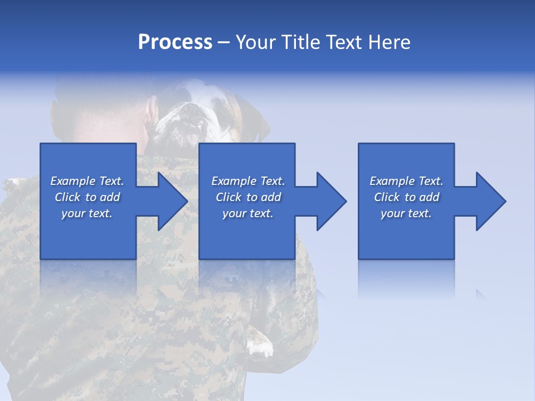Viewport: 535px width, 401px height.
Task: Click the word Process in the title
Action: pyautogui.click(x=175, y=42)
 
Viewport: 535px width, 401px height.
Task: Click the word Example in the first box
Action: pyautogui.click(x=72, y=181)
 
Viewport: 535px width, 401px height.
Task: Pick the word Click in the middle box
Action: pyautogui.click(x=228, y=197)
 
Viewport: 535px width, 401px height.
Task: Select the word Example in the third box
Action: pyautogui.click(x=392, y=181)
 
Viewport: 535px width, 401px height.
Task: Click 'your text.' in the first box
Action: pyautogui.click(x=87, y=213)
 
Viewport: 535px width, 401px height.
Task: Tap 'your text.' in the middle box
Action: pyautogui.click(x=247, y=213)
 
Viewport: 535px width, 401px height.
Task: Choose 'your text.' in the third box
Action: pyautogui.click(x=406, y=213)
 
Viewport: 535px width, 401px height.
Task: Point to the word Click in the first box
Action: pyautogui.click(x=67, y=197)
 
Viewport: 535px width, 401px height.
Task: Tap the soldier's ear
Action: pyautogui.click(x=150, y=111)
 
